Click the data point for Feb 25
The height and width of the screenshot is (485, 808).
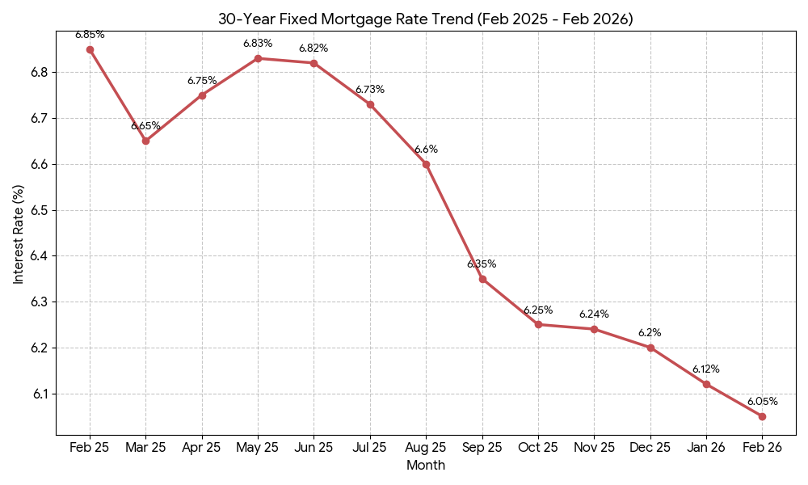pyautogui.click(x=90, y=49)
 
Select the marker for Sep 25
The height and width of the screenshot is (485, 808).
pyautogui.click(x=482, y=279)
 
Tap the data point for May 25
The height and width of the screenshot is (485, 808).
pyautogui.click(x=258, y=58)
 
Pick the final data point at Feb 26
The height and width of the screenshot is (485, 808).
pyautogui.click(x=762, y=416)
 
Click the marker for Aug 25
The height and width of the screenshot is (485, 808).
pyautogui.click(x=426, y=164)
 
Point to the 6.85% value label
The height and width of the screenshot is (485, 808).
pyautogui.click(x=90, y=35)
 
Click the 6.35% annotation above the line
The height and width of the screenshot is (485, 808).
pyautogui.click(x=482, y=264)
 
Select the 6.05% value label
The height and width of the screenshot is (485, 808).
pyautogui.click(x=762, y=402)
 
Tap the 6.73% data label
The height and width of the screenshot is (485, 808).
pyautogui.click(x=370, y=90)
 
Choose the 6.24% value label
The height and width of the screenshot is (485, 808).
pyautogui.click(x=594, y=314)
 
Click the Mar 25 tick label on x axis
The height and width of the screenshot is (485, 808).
pyautogui.click(x=145, y=448)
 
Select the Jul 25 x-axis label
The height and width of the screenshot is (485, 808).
pyautogui.click(x=370, y=448)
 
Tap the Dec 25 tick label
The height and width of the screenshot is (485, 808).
pyautogui.click(x=650, y=448)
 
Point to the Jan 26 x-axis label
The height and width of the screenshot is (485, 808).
pyautogui.click(x=706, y=448)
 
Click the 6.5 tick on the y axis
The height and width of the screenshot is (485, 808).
pyautogui.click(x=39, y=210)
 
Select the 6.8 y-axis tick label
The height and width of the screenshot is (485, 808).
pyautogui.click(x=39, y=73)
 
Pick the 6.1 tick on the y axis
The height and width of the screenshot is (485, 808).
pyautogui.click(x=39, y=394)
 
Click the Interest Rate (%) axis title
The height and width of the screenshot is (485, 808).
pyautogui.click(x=19, y=234)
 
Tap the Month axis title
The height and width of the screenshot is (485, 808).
pyautogui.click(x=426, y=466)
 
